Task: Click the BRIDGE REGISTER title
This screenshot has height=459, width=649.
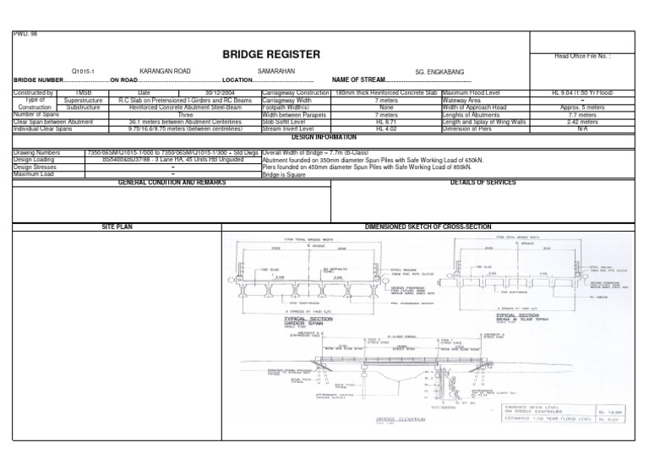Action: pos(271,55)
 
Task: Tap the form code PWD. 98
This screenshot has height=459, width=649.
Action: pos(23,34)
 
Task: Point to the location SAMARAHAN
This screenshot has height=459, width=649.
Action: pos(277,71)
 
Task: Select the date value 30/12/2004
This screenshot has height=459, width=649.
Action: pos(222,92)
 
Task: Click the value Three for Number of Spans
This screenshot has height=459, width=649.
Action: pos(185,115)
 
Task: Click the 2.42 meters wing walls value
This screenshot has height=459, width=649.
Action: pos(583,123)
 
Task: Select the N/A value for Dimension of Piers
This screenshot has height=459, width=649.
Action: pos(583,129)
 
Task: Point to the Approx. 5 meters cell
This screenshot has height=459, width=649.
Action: pos(583,107)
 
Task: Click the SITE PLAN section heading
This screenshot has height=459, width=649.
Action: pos(117,227)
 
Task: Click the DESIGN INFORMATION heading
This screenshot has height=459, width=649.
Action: pos(324,136)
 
